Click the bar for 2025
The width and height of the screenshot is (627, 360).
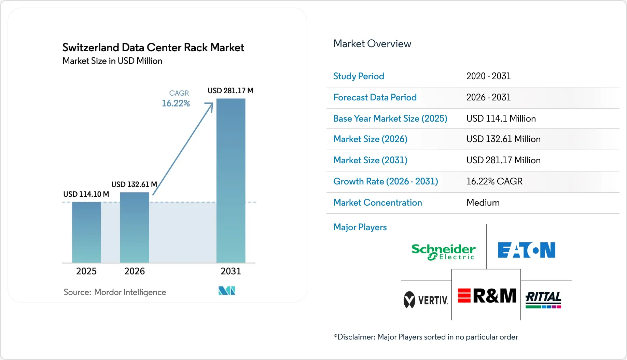coord(86,232)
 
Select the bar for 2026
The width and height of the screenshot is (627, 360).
coord(135,227)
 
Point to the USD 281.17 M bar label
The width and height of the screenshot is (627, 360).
coord(231,91)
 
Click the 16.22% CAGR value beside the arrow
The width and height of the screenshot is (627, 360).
coord(176,103)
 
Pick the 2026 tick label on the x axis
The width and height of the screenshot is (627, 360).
coord(135,271)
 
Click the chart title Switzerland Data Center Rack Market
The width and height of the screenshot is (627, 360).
coord(153,47)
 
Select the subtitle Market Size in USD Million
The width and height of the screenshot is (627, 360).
coord(112,61)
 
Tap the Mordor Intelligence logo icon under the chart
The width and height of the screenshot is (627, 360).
coord(227,291)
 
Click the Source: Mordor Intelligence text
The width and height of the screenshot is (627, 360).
coord(115,292)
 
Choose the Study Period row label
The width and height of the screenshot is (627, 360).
coord(359,76)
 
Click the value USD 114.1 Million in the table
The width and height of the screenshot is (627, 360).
coord(501,119)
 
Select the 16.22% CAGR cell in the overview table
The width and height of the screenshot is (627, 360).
coord(494,181)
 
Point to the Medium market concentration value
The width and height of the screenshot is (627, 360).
coord(483,203)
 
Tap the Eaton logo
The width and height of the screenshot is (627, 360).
coord(526,250)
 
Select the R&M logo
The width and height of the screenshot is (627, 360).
coord(487,296)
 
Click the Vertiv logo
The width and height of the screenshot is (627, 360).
coord(426,300)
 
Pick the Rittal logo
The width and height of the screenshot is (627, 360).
coord(543,300)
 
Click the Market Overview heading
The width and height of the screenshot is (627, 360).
coord(372,44)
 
